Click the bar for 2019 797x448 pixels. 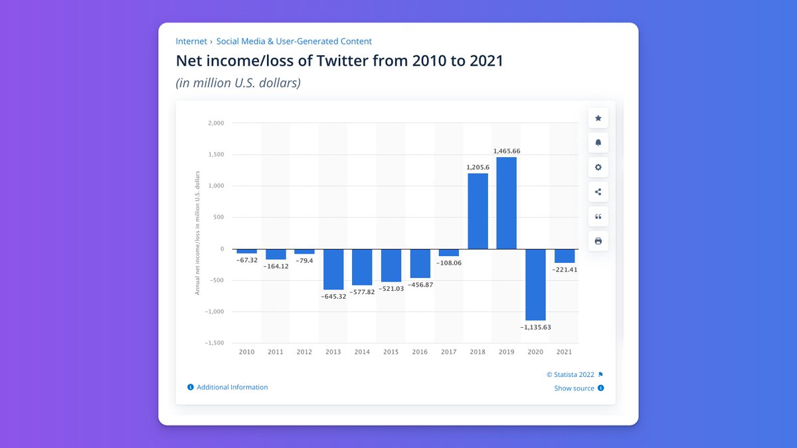(x=506, y=202)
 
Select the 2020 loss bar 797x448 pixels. (x=535, y=285)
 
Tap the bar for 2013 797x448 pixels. (x=333, y=269)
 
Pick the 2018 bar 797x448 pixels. (x=478, y=211)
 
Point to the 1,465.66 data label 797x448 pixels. (x=506, y=151)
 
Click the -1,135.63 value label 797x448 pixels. (x=535, y=327)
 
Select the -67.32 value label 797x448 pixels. (x=247, y=260)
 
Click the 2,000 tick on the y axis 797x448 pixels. (x=216, y=123)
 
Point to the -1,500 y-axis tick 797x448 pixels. (x=215, y=343)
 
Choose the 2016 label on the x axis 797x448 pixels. (x=420, y=352)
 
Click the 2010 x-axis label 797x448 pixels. (x=246, y=352)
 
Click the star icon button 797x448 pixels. (x=598, y=118)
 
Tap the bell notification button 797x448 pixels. (x=598, y=143)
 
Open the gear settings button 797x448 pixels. (x=598, y=167)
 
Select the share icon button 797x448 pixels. (x=598, y=192)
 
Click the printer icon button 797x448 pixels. (x=598, y=241)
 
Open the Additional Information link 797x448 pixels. (x=232, y=387)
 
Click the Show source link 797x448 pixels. (x=575, y=388)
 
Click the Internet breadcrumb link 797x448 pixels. (x=191, y=41)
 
